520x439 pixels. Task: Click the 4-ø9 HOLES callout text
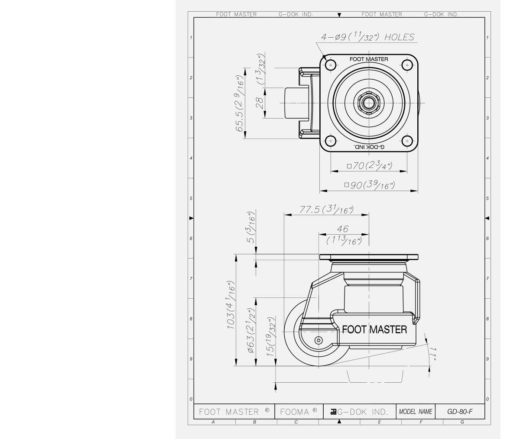point(367,38)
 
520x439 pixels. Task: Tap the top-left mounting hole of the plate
point(331,65)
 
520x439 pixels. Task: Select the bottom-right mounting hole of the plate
point(407,141)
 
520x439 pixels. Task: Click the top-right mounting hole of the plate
point(407,65)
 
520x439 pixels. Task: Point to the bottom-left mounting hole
point(331,141)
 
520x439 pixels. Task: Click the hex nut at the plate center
point(368,103)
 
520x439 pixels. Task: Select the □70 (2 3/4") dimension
point(369,165)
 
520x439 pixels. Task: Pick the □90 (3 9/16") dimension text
point(369,185)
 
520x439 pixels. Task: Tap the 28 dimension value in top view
point(260,103)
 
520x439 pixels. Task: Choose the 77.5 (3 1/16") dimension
point(326,210)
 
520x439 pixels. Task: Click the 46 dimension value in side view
point(342,229)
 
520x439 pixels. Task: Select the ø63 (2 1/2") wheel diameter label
point(251,331)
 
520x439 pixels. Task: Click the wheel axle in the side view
point(318,340)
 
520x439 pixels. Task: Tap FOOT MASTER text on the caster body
point(374,329)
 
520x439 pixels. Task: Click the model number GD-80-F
point(460,411)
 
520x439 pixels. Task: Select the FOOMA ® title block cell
point(299,411)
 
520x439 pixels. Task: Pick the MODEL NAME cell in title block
point(416,411)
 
